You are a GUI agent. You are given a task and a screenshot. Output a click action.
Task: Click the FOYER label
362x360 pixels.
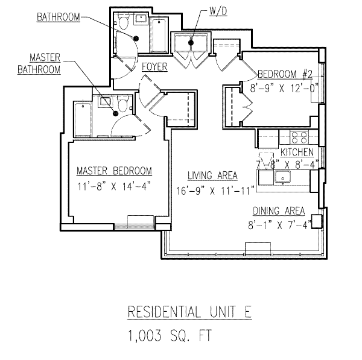154,67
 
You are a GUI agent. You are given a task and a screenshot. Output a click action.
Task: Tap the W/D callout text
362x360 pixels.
218,11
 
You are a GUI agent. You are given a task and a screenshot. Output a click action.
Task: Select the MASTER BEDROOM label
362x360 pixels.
114,171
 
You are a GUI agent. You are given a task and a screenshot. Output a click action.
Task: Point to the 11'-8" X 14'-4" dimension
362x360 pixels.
114,186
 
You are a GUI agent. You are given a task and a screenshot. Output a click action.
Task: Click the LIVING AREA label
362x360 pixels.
212,175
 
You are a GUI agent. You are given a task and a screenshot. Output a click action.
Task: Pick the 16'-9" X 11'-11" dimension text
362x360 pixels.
215,191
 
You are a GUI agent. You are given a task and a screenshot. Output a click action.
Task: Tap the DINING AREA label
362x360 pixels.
279,211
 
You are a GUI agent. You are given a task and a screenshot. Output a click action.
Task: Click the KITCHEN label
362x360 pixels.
297,153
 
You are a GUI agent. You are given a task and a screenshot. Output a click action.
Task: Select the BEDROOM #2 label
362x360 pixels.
285,74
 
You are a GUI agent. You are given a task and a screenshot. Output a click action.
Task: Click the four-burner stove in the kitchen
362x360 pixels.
299,137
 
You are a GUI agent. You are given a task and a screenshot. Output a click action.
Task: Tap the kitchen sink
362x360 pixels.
282,177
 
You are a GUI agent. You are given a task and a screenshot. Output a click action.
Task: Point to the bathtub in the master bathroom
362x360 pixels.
83,119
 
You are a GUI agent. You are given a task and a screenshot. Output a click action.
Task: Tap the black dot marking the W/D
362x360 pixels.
191,43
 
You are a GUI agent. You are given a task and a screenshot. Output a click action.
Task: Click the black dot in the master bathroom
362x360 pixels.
115,113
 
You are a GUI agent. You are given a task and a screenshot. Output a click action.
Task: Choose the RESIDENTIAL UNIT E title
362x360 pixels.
189,312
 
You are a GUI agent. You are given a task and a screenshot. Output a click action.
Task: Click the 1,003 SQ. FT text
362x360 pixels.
170,335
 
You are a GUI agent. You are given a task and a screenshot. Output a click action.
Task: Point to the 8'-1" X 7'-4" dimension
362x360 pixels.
280,225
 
